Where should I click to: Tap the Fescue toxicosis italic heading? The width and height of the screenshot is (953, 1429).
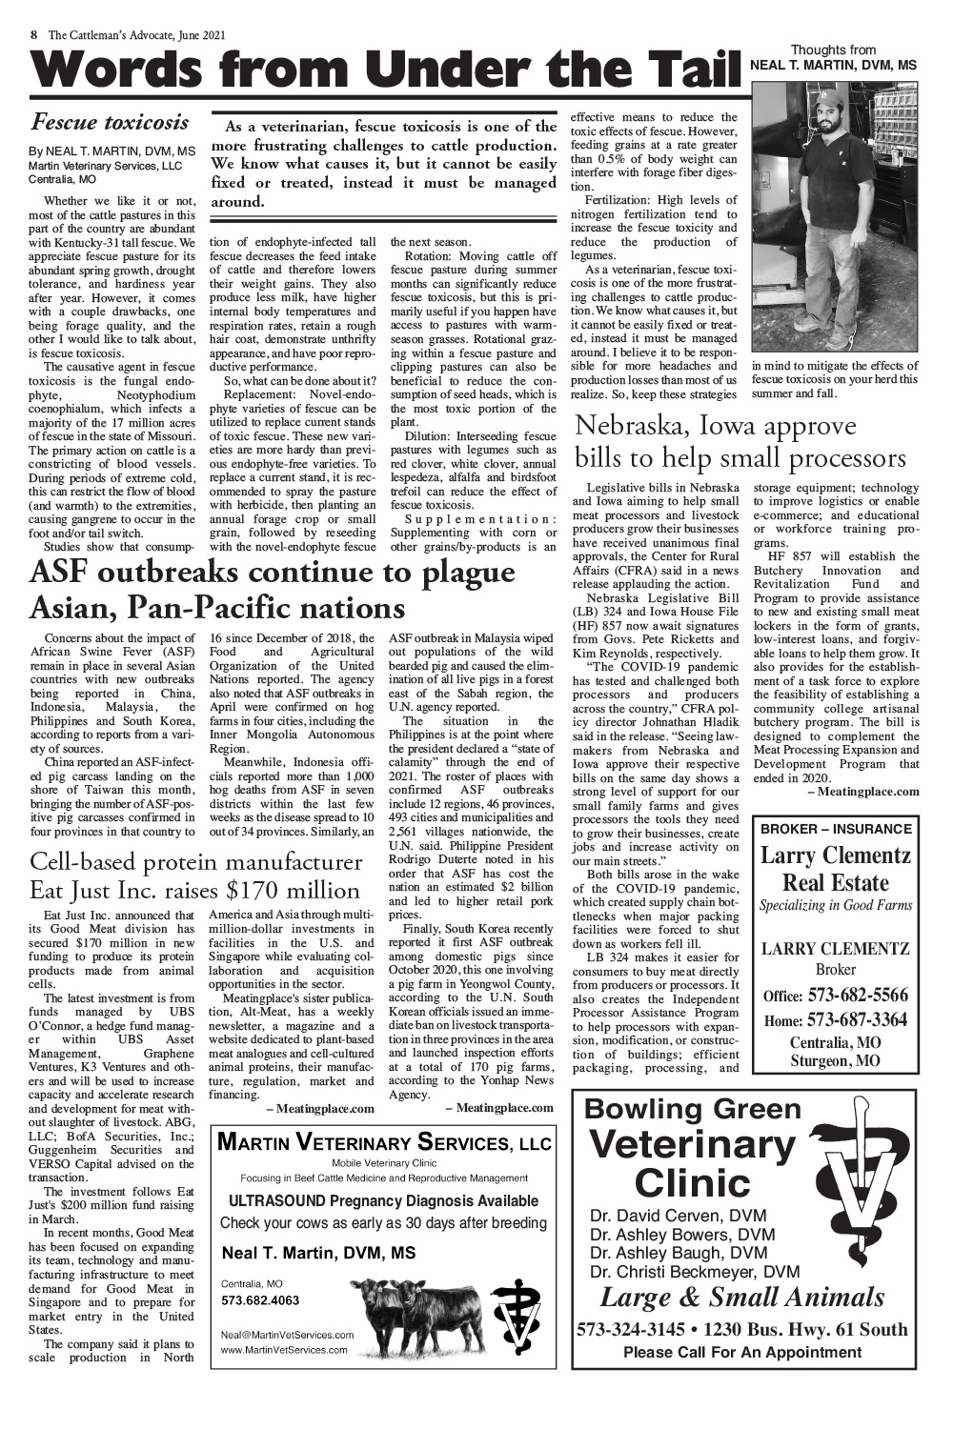coord(110,122)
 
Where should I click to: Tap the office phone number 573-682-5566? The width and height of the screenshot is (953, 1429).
coord(857,996)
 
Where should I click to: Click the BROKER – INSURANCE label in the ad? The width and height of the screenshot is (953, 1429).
coord(836,829)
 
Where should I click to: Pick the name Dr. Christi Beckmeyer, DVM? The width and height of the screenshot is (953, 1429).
coord(695,1272)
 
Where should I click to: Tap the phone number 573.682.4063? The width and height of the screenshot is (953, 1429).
coord(260,1300)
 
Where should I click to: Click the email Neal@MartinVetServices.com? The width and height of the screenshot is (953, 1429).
coord(287,1335)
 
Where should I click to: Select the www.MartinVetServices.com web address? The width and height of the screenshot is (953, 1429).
coord(284,1350)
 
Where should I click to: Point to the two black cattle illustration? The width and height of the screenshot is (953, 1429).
coord(416,1315)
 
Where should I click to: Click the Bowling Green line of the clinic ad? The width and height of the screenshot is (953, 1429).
coord(693,1109)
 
